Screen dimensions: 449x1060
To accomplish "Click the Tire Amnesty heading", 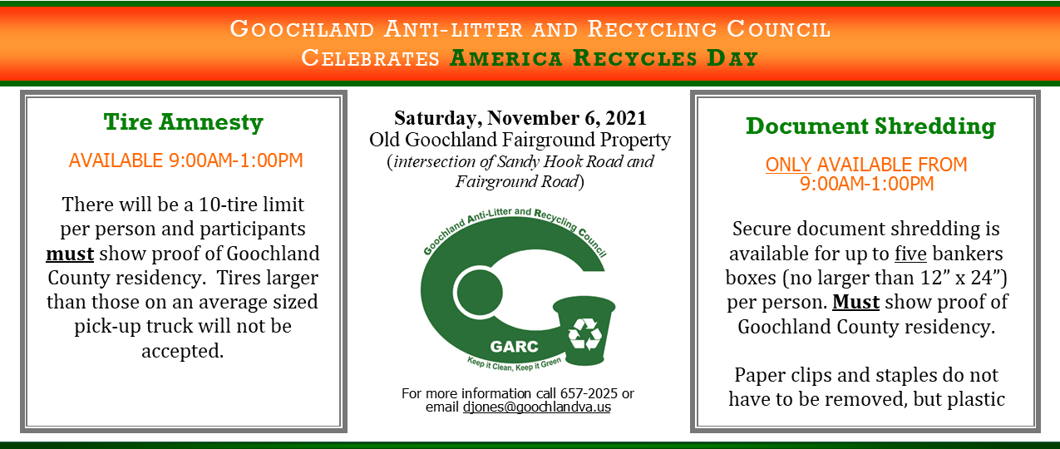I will [x=183, y=122].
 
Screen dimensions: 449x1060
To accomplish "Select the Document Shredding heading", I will [x=870, y=126].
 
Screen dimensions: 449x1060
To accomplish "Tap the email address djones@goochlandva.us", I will [x=536, y=407].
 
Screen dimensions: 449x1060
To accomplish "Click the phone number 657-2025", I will [x=597, y=393].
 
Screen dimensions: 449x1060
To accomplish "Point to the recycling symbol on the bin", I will [x=584, y=333].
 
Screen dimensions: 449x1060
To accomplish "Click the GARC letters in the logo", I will [x=515, y=346].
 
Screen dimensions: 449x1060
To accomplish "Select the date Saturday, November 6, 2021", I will [x=520, y=117].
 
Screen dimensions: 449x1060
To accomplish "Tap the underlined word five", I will [x=910, y=253].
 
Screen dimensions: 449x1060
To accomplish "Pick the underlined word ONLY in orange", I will [x=788, y=165].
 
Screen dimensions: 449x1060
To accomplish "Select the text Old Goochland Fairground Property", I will [x=520, y=140].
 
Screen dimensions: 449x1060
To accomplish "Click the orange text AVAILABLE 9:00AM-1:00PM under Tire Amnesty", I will [x=185, y=160].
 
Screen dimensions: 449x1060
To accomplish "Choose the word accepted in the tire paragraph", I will [x=183, y=350].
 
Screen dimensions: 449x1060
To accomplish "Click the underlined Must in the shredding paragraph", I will [x=855, y=302].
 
